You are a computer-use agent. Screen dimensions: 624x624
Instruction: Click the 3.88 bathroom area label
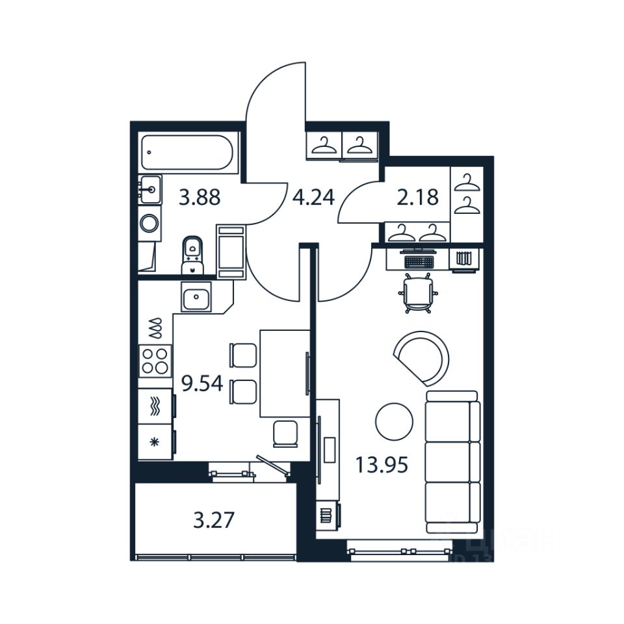click(x=200, y=197)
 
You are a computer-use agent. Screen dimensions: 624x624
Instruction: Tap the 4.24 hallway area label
click(x=313, y=197)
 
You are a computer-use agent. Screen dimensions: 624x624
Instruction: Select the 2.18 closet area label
click(x=417, y=197)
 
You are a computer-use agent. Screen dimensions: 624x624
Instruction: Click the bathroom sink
click(x=149, y=190)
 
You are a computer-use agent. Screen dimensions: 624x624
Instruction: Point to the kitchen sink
click(x=196, y=299)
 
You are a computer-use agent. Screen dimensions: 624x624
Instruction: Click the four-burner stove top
click(x=155, y=361)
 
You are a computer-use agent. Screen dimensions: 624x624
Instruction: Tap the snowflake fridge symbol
click(x=155, y=443)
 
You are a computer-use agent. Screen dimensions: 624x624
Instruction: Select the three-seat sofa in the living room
click(x=452, y=461)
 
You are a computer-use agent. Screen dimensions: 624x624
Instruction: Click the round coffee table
click(x=394, y=422)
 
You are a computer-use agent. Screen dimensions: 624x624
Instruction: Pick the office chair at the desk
click(x=417, y=293)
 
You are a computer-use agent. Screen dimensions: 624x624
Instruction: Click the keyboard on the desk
click(x=418, y=261)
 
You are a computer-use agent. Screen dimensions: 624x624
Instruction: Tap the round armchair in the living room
click(x=423, y=357)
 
